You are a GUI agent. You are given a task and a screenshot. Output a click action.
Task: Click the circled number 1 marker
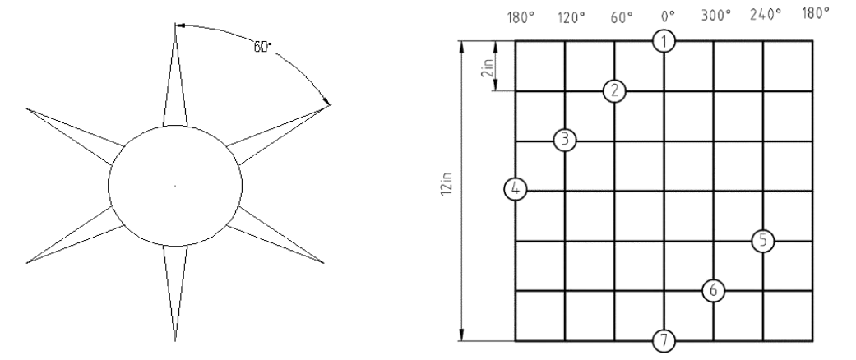tap(664, 41)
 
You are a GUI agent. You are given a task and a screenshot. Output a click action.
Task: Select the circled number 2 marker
tap(615, 90)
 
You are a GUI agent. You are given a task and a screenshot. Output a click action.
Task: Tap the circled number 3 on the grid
tap(565, 140)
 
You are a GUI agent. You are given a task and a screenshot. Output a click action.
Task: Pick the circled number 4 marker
tap(516, 189)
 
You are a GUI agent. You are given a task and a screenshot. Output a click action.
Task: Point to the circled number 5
tap(762, 240)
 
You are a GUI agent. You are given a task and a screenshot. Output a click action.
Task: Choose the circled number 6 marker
tap(714, 290)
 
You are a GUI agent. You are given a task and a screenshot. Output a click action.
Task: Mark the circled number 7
tap(664, 341)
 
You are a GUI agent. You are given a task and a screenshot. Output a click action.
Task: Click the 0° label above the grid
tap(668, 16)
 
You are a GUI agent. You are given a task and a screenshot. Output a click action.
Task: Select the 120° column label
tap(571, 17)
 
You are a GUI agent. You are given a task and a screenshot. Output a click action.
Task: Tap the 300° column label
tap(716, 16)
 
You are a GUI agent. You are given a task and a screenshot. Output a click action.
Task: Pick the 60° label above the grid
tap(622, 17)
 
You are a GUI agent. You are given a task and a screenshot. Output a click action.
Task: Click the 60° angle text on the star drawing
tap(262, 47)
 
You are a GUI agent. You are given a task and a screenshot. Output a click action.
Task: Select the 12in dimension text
tap(447, 186)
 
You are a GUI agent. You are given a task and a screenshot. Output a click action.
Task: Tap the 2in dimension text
tap(487, 67)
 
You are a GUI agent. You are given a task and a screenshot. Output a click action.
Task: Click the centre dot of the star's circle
tap(175, 186)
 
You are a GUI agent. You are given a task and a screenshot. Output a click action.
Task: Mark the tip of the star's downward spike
tap(175, 341)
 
